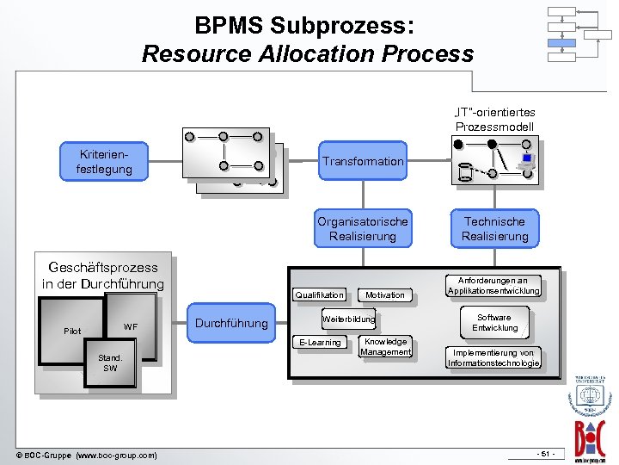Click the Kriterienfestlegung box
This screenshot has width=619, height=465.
pos(104,161)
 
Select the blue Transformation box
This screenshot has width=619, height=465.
pos(362,161)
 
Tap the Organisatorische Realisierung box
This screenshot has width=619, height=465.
pos(362,228)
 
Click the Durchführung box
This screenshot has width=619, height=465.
pos(232,324)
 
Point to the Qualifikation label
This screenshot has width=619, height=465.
pos(320,294)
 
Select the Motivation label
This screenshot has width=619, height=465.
pos(384,294)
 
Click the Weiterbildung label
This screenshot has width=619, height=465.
pos(348,319)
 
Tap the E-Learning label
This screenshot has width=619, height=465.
pos(320,343)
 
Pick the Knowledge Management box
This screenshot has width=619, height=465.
pos(385,347)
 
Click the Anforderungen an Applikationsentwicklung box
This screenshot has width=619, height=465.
pos(493,286)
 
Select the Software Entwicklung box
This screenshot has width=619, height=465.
pos(494,323)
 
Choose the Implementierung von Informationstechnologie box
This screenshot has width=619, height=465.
pos(493,358)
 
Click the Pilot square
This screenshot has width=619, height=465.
pos(72,332)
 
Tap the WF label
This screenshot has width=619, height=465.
pos(131,326)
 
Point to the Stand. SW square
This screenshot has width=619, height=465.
pos(110,363)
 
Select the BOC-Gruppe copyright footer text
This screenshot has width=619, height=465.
pos(86,455)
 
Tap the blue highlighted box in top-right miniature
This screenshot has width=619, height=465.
pos(561,42)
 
